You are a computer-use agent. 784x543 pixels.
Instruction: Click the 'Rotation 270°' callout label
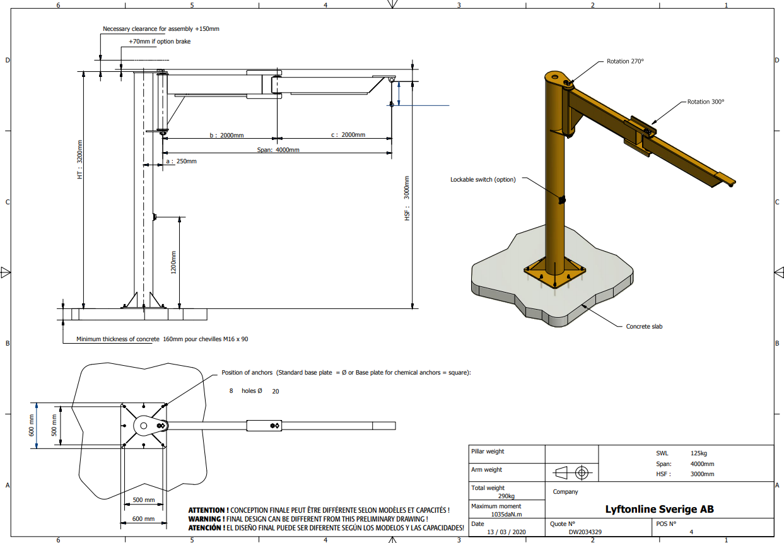(x=625, y=61)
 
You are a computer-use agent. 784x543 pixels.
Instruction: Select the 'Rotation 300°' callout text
(x=706, y=102)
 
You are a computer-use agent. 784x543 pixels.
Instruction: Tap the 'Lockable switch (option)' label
(x=483, y=180)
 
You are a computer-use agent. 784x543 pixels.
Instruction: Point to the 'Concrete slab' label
(x=644, y=327)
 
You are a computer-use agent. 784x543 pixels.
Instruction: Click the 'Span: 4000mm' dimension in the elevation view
(x=278, y=149)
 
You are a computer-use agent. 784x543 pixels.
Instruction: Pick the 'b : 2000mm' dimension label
(x=226, y=135)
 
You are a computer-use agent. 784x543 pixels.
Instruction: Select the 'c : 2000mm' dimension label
(x=348, y=135)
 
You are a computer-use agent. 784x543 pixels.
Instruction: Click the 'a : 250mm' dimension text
(x=181, y=161)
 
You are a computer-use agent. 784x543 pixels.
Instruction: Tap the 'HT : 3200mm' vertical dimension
(x=80, y=160)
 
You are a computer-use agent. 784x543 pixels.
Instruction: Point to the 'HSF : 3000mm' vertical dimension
(x=407, y=198)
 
